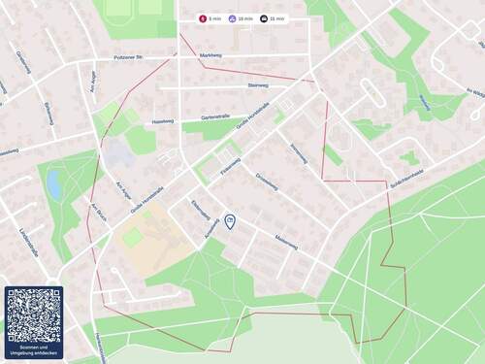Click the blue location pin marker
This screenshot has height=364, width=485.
tap(230, 222)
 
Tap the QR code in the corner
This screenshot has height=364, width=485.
tap(33, 315)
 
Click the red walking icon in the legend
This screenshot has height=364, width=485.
tap(203, 18)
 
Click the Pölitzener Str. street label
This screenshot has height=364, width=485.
tap(129, 56)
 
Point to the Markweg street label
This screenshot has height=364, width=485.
tap(210, 56)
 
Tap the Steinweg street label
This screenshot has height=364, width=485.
tap(258, 85)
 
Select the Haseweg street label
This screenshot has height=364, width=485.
tap(163, 121)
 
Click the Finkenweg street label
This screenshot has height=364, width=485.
tap(230, 165)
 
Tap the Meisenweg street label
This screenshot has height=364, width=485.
tap(285, 239)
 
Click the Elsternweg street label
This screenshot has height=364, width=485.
tap(201, 209)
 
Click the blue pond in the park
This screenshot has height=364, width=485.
tap(53, 183)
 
